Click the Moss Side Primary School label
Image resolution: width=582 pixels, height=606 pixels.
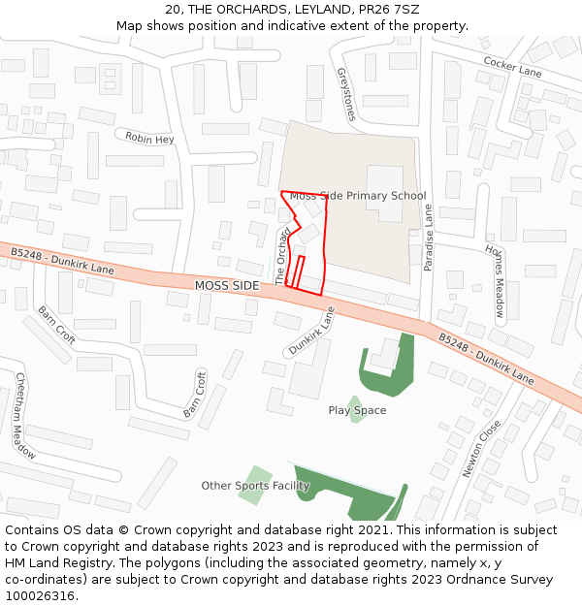pyautogui.click(x=358, y=196)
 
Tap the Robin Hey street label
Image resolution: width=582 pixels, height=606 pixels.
pyautogui.click(x=149, y=139)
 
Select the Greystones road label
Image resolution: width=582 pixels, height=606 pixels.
pyautogui.click(x=346, y=93)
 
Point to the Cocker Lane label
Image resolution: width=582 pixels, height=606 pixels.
pyautogui.click(x=512, y=66)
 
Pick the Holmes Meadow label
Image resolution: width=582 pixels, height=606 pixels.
pyautogui.click(x=495, y=280)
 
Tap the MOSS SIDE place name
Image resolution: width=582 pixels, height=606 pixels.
pyautogui.click(x=227, y=286)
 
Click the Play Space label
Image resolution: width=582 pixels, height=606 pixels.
pyautogui.click(x=357, y=410)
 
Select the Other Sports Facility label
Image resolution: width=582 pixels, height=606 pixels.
pyautogui.click(x=255, y=486)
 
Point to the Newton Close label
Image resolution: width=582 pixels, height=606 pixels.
pyautogui.click(x=481, y=447)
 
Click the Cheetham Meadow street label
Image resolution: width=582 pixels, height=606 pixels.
pyautogui.click(x=25, y=416)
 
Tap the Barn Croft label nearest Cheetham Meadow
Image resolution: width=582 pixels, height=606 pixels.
pyautogui.click(x=57, y=326)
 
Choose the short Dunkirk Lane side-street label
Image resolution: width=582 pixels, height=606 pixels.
pyautogui.click(x=310, y=332)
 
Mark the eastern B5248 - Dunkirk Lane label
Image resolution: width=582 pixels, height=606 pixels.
pyautogui.click(x=485, y=359)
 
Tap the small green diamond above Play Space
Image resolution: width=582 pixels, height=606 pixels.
pyautogui.click(x=356, y=399)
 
